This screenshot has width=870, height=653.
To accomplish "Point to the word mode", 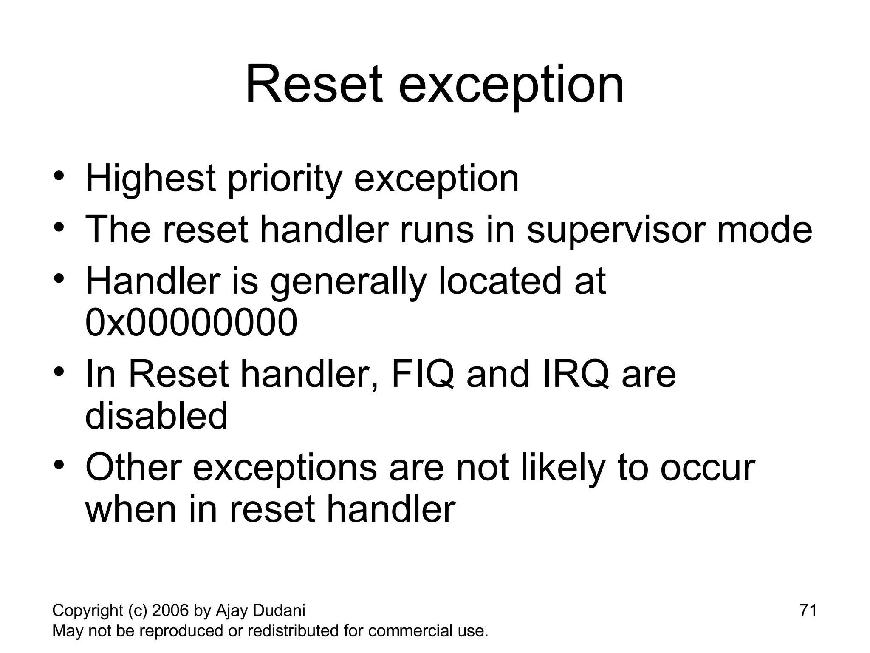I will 765,230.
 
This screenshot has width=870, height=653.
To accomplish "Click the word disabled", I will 156,416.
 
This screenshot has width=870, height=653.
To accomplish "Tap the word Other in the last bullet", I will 133,468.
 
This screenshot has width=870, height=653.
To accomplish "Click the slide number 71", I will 808,610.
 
